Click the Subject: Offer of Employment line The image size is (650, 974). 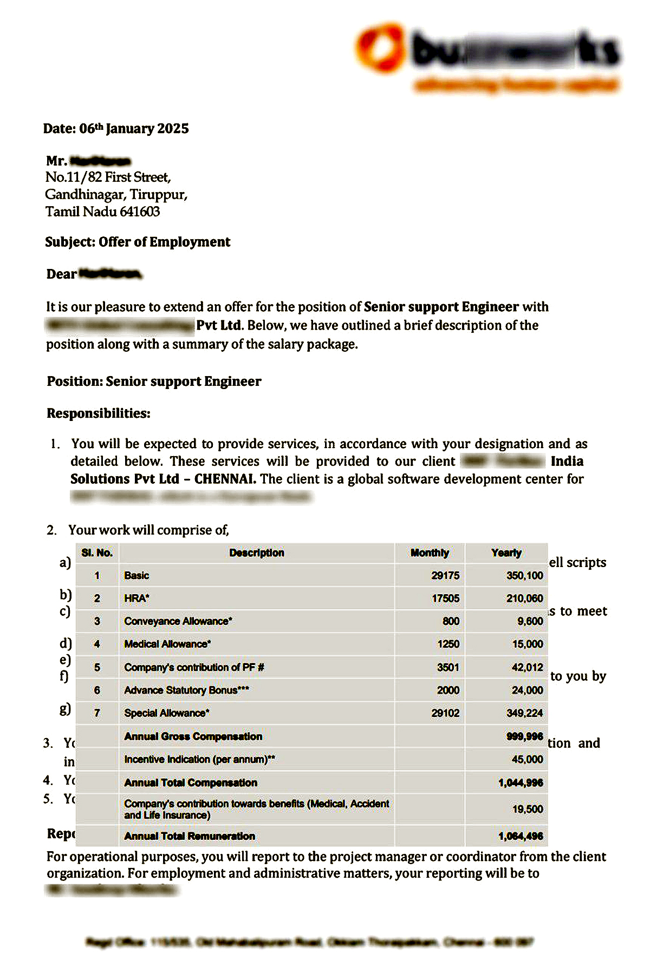point(138,242)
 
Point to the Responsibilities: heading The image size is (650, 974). point(99,413)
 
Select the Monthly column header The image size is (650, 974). point(430,553)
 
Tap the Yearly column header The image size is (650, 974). point(506,553)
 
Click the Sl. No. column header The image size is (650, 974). point(97,553)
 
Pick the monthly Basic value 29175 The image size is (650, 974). point(445,576)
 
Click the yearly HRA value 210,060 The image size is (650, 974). point(524,598)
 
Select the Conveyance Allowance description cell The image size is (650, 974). point(178,621)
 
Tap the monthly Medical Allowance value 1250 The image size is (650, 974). point(448,644)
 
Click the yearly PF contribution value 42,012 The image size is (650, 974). point(527,668)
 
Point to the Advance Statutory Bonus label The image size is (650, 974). point(186,690)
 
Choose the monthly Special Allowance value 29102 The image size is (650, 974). point(445,714)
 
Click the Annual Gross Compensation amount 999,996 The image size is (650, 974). point(524,736)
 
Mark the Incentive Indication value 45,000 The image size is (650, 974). point(527,760)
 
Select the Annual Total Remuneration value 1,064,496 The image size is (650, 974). point(521,837)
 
